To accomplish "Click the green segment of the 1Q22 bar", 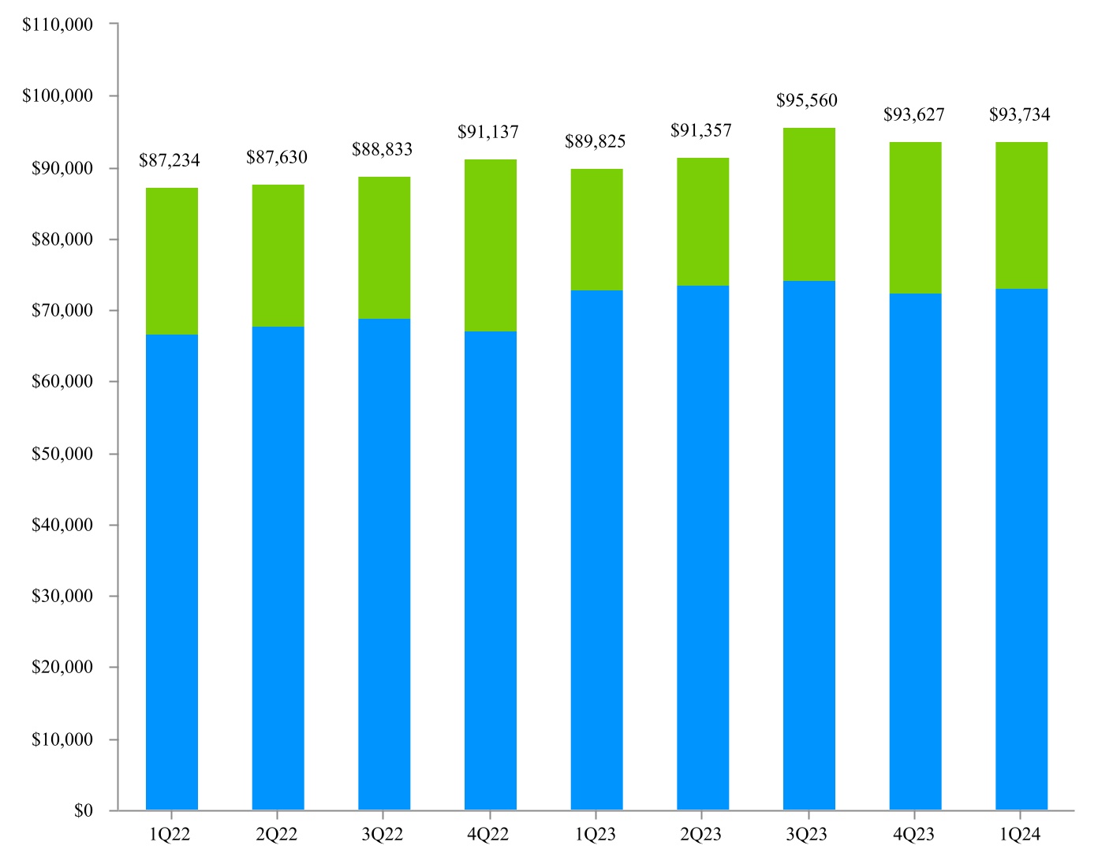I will [172, 260].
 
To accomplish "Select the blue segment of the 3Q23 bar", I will [809, 544].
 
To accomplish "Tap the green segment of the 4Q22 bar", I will [490, 245].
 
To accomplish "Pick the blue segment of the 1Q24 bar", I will [1021, 548].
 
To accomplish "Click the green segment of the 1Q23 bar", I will [596, 229].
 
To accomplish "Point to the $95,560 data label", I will [806, 100].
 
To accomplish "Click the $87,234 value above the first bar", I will [169, 160].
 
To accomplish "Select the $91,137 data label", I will [487, 132].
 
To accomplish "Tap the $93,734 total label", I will [1019, 114].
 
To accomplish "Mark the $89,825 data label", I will [595, 141].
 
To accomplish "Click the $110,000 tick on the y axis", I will [58, 24].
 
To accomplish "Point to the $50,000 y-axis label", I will [62, 454].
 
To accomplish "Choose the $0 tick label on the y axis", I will [83, 810].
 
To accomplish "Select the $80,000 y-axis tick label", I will [62, 239].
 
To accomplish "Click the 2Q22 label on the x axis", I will [276, 834].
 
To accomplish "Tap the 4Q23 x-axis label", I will [913, 834].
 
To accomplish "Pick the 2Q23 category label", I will [700, 834].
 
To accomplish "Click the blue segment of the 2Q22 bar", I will [278, 568].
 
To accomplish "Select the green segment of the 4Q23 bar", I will [915, 217].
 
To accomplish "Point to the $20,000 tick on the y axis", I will [62, 667].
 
